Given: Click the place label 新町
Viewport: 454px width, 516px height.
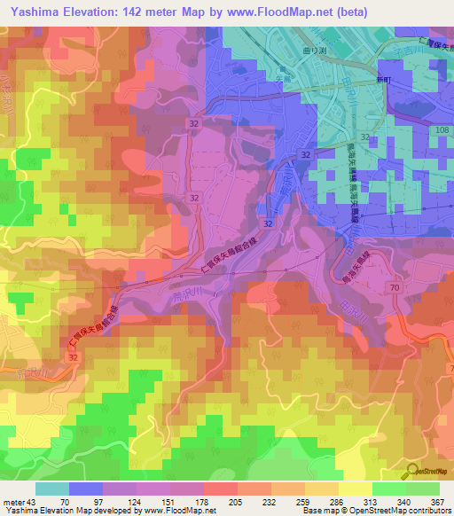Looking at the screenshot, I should pos(383,79).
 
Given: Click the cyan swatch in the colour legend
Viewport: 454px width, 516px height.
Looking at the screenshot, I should pos(51,489).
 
